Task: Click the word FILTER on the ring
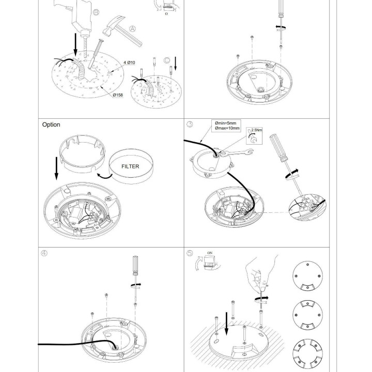point(130,166)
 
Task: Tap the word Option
point(51,125)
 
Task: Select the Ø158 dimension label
point(118,95)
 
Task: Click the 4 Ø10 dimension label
point(129,63)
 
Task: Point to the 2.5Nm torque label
point(257,130)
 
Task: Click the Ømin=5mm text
point(225,123)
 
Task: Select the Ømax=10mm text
point(227,128)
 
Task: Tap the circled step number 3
point(190,124)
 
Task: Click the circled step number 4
point(44,253)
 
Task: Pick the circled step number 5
point(190,253)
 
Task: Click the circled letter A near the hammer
point(133,29)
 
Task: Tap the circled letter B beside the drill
point(96,12)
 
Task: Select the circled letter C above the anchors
point(167,60)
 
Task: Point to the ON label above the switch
point(210,253)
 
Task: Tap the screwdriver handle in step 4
point(135,265)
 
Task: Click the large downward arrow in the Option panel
point(56,168)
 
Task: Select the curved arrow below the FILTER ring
point(104,176)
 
